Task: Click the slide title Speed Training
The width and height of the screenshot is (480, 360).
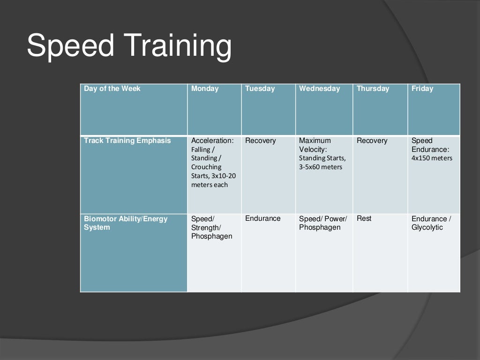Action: [x=129, y=46]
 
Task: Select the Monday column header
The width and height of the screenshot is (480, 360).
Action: [x=205, y=89]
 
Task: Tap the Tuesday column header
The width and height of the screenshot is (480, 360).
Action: [x=260, y=89]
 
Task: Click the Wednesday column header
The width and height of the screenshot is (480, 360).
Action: [x=319, y=89]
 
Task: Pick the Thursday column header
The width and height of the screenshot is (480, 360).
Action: [x=373, y=89]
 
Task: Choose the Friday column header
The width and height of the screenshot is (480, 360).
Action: [x=422, y=89]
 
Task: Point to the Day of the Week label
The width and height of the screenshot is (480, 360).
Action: [x=112, y=89]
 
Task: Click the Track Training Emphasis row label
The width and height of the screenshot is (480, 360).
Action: [x=127, y=141]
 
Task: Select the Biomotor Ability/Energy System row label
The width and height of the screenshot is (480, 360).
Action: [x=126, y=223]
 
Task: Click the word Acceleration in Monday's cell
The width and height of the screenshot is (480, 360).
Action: [x=212, y=141]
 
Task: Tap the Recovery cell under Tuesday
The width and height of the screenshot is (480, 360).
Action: [x=261, y=141]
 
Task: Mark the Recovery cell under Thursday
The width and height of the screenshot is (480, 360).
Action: [x=372, y=141]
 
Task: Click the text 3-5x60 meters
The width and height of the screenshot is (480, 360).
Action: [x=321, y=167]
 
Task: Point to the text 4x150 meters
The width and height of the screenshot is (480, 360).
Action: [x=432, y=158]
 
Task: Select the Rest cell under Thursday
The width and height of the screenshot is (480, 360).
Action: [x=364, y=218]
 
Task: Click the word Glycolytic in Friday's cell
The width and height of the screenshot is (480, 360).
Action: [x=427, y=227]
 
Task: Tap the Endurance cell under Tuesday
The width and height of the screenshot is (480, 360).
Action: [x=263, y=218]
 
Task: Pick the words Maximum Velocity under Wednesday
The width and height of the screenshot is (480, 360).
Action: [x=315, y=145]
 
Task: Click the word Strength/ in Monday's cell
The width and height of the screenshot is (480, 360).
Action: [x=206, y=227]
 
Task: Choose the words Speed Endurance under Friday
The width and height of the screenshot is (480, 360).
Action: [x=430, y=145]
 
